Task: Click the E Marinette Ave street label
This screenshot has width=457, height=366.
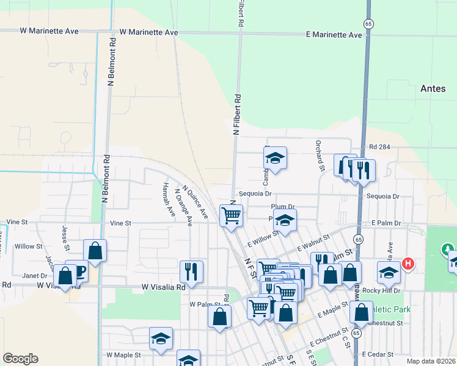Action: [x=334, y=35]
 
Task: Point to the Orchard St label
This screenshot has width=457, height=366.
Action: [x=319, y=156]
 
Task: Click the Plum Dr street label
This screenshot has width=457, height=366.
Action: [x=283, y=207]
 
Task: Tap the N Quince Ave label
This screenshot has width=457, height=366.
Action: [x=195, y=203]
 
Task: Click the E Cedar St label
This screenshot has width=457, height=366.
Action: [x=380, y=354]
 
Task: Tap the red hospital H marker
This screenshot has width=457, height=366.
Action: [x=408, y=264]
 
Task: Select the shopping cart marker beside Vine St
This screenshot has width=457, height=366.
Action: [x=231, y=215]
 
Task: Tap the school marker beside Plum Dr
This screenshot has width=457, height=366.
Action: [x=285, y=220]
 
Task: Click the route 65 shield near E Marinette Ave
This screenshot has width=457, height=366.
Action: [x=368, y=23]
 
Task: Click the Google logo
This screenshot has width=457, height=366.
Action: [x=20, y=359]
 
